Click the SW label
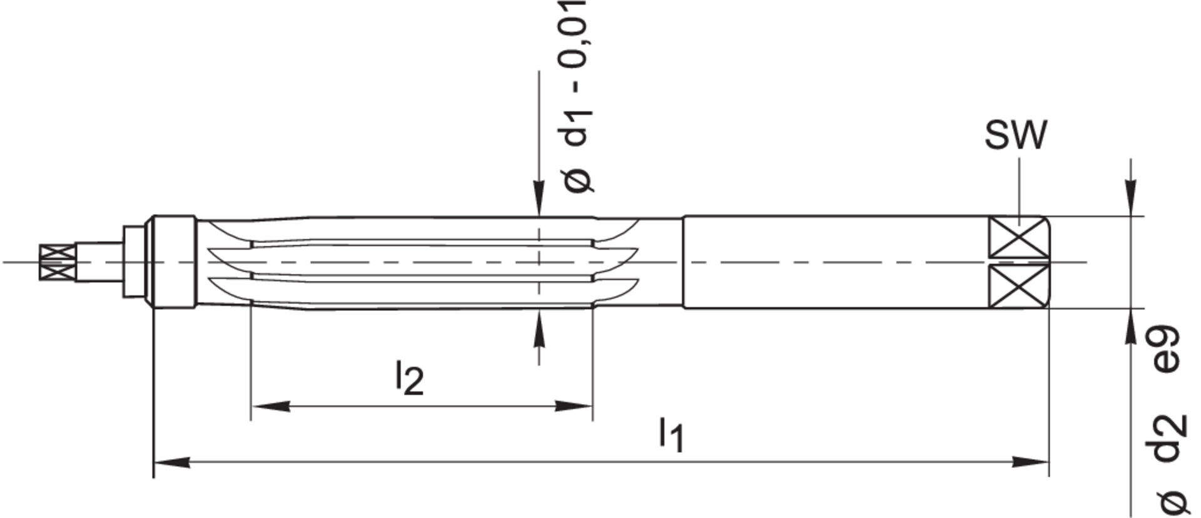[1015, 136]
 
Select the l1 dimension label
[671, 435]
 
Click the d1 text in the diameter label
[576, 128]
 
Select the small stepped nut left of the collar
[133, 262]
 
